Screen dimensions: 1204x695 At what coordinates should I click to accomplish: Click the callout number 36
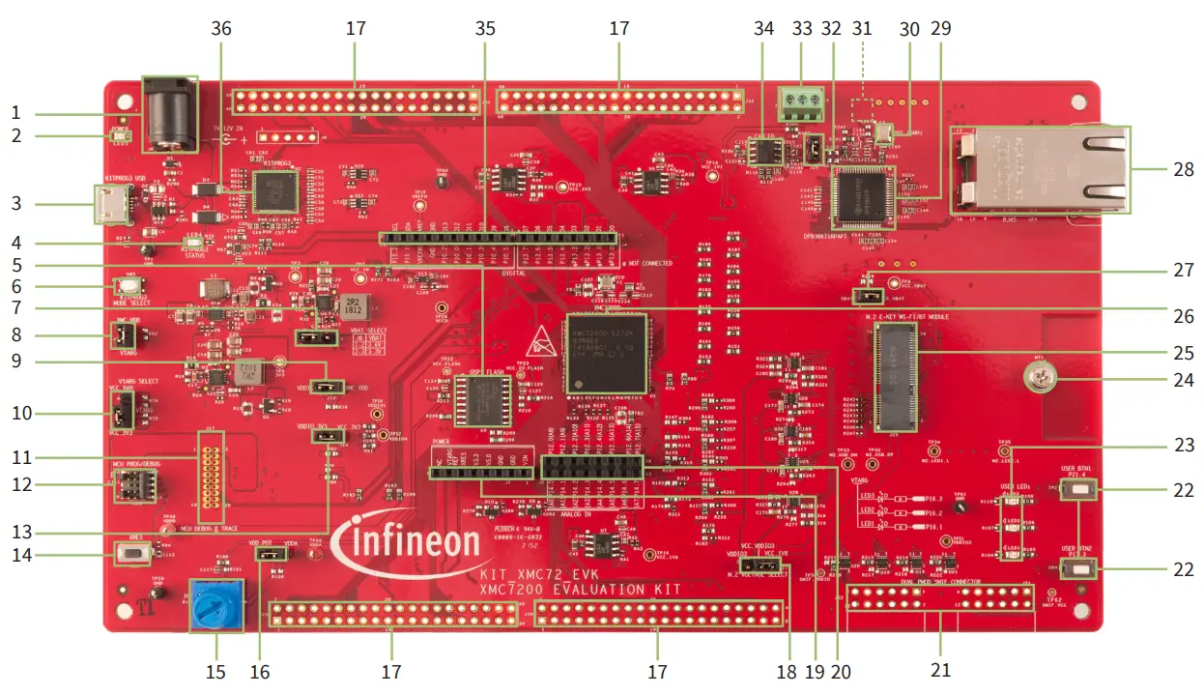point(221,29)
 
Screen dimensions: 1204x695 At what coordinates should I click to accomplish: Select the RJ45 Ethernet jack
point(1039,169)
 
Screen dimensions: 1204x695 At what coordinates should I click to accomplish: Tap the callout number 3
point(14,204)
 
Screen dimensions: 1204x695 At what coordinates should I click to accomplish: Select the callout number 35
point(485,29)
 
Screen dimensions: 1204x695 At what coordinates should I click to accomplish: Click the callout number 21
point(939,671)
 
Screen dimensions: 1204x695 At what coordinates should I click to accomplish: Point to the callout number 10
point(14,413)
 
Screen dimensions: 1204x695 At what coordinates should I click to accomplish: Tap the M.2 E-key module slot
point(895,377)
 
